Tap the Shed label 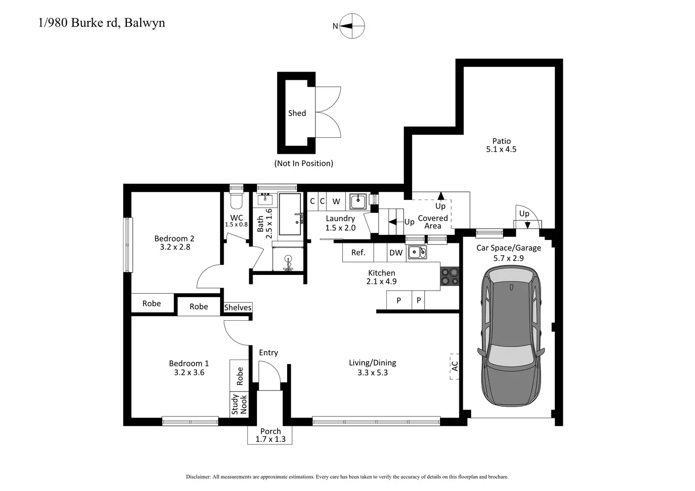point(297,113)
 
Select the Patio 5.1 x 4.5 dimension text point(501,149)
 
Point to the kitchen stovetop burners point(449,276)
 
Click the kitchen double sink point(417,252)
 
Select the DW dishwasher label point(396,253)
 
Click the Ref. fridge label point(358,252)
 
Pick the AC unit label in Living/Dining point(455,366)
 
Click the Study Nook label point(239,404)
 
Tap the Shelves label point(237,307)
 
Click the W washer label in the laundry point(336,201)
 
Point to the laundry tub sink point(358,201)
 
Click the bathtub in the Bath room point(290,214)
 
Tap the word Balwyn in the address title point(144,23)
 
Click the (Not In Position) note point(304,163)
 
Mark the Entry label point(268,353)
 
